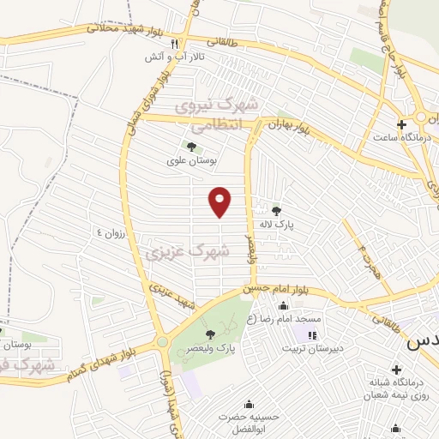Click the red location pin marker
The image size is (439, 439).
pyautogui.click(x=221, y=201)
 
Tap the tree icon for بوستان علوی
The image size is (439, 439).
pyautogui.click(x=189, y=147)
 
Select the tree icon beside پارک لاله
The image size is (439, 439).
pyautogui.click(x=275, y=210)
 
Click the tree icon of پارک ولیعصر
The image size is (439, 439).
pyautogui.click(x=211, y=334)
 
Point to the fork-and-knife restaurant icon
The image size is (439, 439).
pyautogui.click(x=174, y=44)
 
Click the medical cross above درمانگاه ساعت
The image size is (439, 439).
pyautogui.click(x=400, y=123)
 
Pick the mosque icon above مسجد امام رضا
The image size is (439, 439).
pyautogui.click(x=284, y=307)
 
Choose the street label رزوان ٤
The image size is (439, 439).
pyautogui.click(x=111, y=232)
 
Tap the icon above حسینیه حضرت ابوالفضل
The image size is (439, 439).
pyautogui.click(x=250, y=405)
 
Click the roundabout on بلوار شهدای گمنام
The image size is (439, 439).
pyautogui.click(x=163, y=343)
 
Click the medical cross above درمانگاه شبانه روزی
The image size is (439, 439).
pyautogui.click(x=396, y=428)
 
